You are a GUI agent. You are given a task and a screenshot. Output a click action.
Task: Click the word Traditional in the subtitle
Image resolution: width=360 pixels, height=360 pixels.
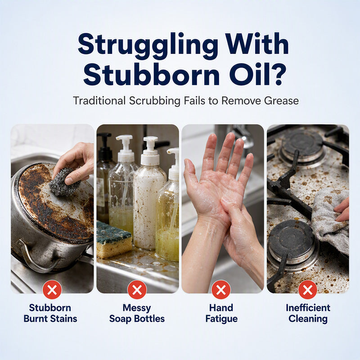(x=99, y=100)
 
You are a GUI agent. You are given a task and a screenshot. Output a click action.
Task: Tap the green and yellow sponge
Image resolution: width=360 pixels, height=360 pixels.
(x=113, y=239)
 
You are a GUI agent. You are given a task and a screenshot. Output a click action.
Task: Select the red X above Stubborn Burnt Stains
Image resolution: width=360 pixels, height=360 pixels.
(x=52, y=290)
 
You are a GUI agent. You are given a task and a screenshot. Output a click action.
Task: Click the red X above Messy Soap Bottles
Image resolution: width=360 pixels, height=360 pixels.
(x=137, y=290)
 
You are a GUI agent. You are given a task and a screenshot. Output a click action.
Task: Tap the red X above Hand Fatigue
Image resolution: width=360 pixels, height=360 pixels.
(x=221, y=290)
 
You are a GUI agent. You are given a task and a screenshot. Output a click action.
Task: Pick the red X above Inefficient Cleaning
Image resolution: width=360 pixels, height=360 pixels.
(x=308, y=290)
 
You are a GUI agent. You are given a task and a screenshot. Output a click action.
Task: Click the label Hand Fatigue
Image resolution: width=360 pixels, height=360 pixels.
(x=221, y=313)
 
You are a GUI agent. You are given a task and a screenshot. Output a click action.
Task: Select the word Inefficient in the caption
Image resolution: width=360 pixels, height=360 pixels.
(x=308, y=308)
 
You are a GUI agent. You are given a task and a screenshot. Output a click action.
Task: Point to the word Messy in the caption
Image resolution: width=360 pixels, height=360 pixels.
(x=137, y=308)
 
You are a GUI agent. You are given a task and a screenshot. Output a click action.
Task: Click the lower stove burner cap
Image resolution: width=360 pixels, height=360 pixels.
(x=292, y=239)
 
